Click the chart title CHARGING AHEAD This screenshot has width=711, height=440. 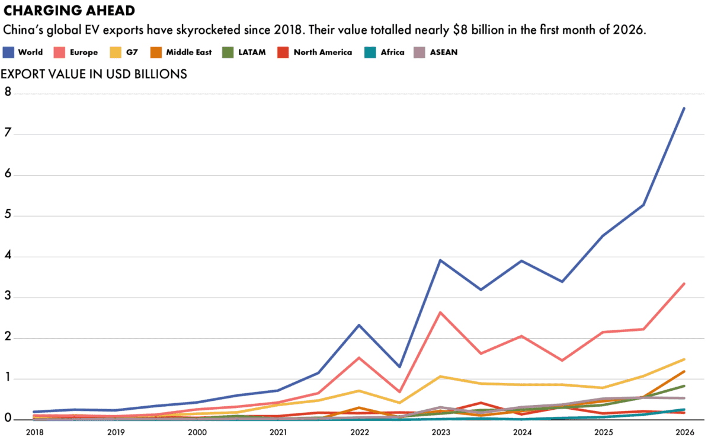click(x=69, y=11)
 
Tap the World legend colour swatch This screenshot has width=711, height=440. click(x=8, y=52)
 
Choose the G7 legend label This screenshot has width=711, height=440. click(x=132, y=52)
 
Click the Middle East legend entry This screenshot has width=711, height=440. click(x=188, y=52)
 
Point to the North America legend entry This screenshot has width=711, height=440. click(x=322, y=52)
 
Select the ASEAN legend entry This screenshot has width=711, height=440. click(x=444, y=52)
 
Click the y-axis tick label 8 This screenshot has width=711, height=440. click(x=8, y=93)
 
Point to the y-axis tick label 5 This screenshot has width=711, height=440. click(x=8, y=215)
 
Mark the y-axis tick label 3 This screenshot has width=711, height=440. click(x=8, y=297)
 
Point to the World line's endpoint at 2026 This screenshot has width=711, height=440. click(x=684, y=108)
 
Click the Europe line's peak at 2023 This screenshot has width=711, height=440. click(x=440, y=312)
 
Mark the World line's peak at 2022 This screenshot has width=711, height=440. click(x=359, y=325)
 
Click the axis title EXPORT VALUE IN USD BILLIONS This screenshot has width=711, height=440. click(x=94, y=74)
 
